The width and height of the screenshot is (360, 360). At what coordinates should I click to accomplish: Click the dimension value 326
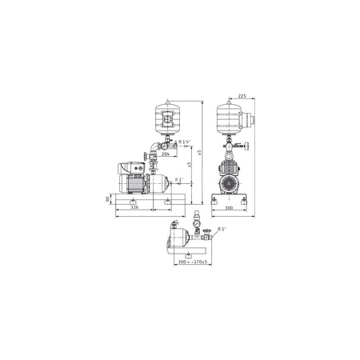pyautogui.click(x=138, y=208)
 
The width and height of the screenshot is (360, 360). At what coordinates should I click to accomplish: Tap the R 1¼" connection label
pyautogui.click(x=186, y=143)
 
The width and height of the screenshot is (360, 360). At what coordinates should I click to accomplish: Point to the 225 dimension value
pyautogui.click(x=242, y=92)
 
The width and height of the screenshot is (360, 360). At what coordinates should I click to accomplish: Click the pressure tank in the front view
pyautogui.click(x=233, y=118)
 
